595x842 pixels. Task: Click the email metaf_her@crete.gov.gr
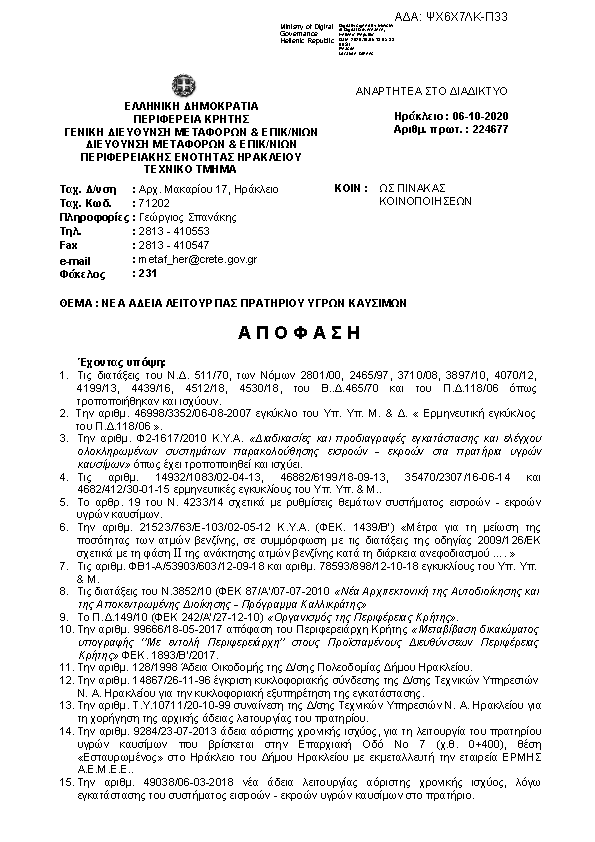[x=196, y=259]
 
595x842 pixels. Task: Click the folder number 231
[x=146, y=272]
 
